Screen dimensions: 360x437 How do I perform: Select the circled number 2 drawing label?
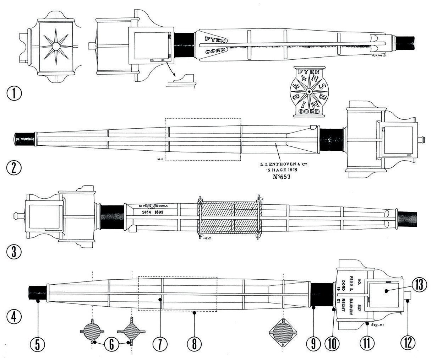[14, 167]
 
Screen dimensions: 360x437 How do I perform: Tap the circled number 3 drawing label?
[14, 251]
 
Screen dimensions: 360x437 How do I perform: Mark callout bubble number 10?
[332, 343]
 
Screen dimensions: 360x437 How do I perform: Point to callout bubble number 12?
[408, 343]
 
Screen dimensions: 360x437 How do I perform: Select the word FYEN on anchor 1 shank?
[216, 38]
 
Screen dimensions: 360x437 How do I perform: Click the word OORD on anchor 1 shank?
[215, 50]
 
